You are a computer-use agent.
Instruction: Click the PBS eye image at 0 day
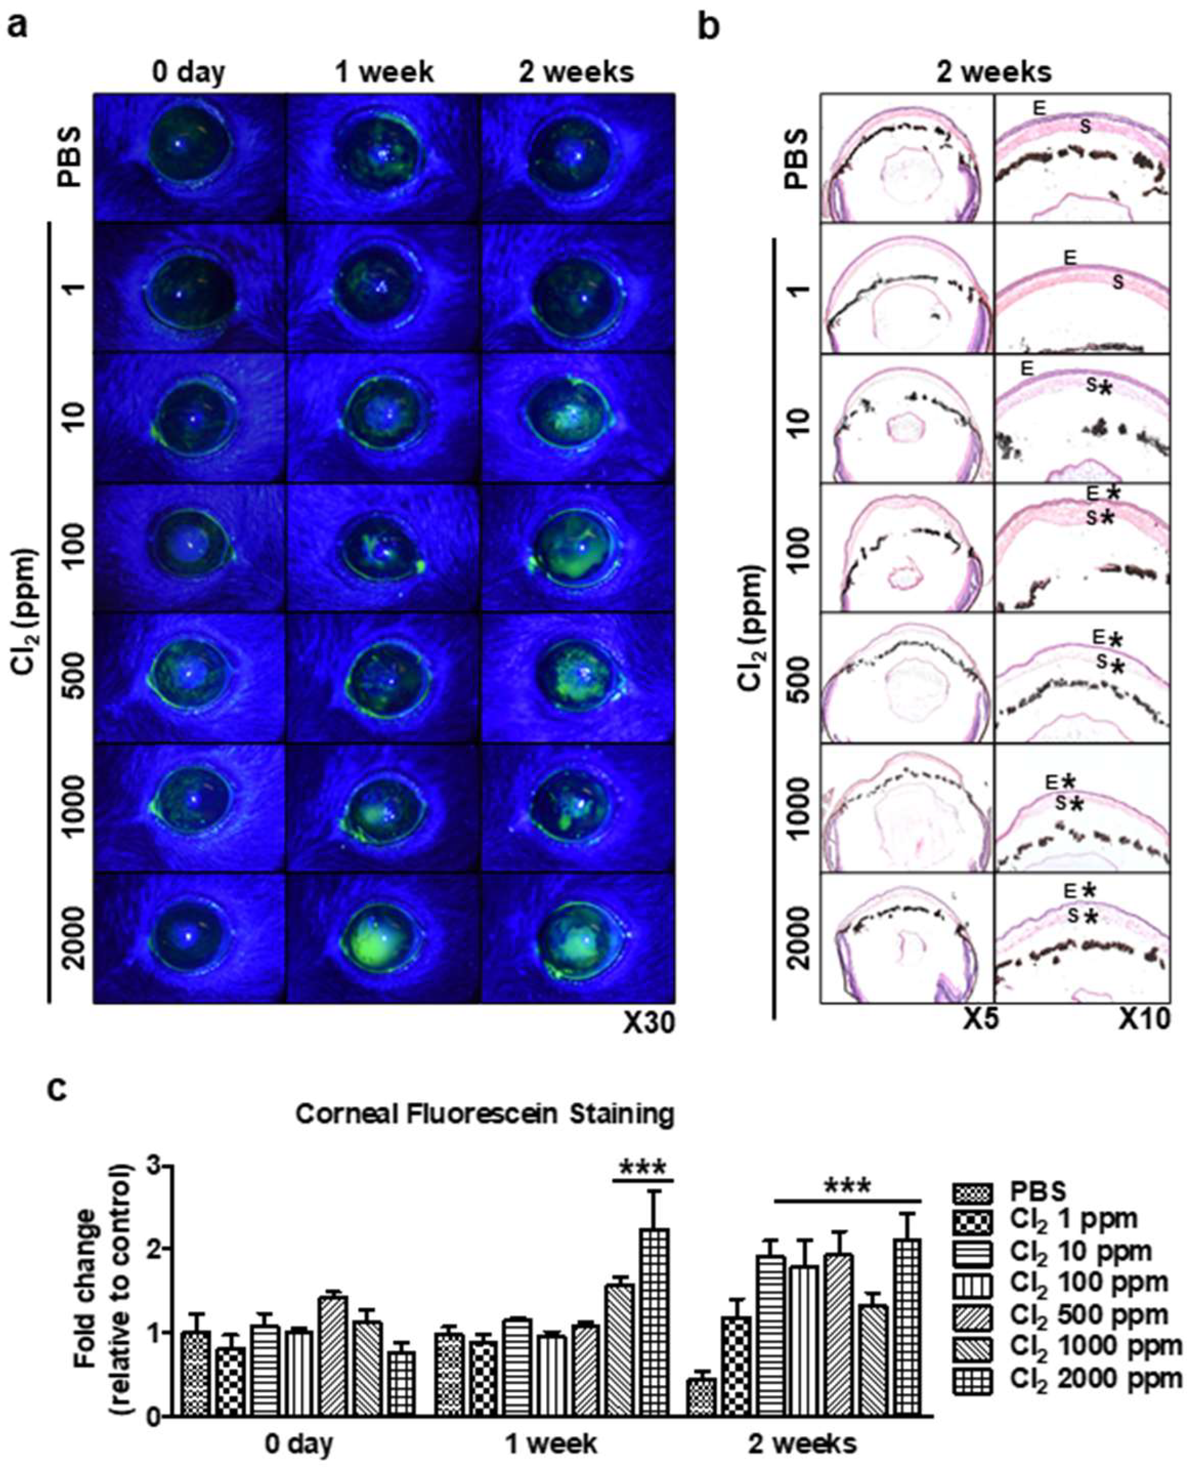click(x=190, y=157)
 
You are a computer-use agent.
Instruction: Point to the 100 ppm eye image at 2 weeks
click(x=577, y=548)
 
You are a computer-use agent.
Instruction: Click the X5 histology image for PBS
click(x=907, y=157)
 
